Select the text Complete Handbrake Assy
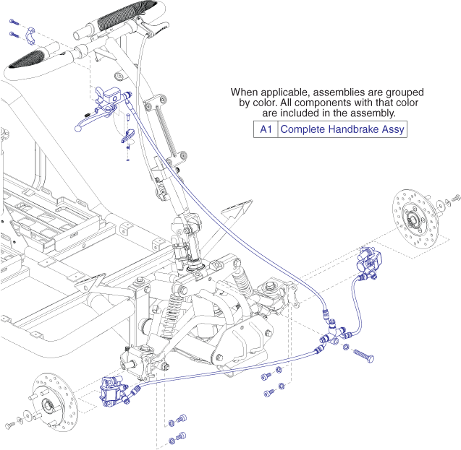click(342, 130)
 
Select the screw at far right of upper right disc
click(456, 197)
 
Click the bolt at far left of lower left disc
click(9, 424)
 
